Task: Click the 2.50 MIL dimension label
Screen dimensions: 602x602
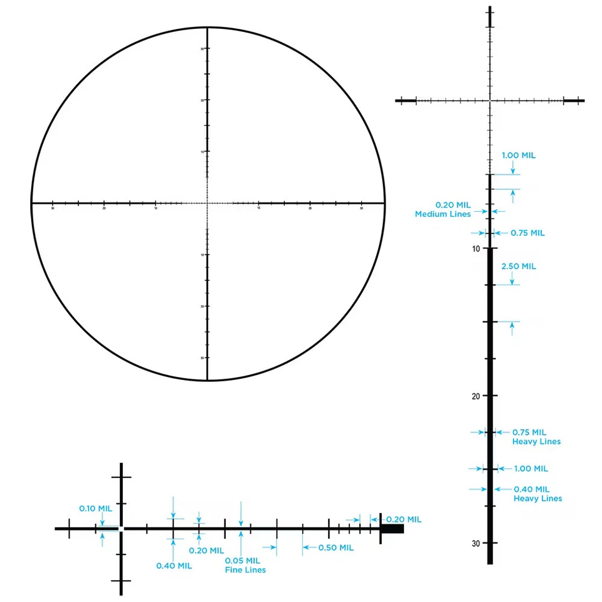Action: (519, 266)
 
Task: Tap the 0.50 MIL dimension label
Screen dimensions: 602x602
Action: (335, 547)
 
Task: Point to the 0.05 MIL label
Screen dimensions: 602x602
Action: (242, 561)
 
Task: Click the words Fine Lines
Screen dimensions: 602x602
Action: (245, 570)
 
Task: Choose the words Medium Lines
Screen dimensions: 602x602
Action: (443, 214)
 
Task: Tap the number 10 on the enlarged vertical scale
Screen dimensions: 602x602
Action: (477, 249)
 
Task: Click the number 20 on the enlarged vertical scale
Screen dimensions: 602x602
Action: (476, 396)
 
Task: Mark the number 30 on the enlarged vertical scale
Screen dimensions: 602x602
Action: (476, 543)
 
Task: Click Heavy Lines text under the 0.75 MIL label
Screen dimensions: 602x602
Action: (536, 441)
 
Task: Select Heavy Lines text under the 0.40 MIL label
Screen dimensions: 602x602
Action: (537, 499)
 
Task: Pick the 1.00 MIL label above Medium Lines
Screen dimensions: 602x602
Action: (519, 156)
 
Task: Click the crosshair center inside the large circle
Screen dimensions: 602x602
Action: (208, 203)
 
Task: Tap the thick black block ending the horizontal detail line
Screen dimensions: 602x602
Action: (393, 529)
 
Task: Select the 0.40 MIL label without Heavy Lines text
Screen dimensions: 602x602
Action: (174, 566)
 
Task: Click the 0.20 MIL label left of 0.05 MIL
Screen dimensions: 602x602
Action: (206, 551)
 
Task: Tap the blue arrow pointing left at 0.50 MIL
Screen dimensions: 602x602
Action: (307, 547)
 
